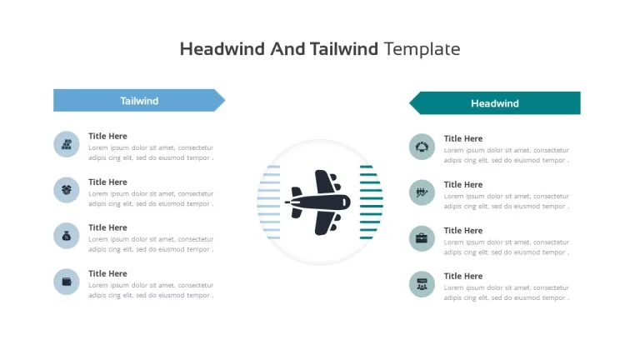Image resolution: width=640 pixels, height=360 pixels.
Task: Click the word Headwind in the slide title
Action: [222, 49]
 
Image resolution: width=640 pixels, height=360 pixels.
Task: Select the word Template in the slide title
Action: [422, 49]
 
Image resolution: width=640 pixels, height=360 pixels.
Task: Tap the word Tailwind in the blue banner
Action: [139, 101]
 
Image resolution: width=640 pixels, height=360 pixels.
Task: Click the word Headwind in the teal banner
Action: [495, 103]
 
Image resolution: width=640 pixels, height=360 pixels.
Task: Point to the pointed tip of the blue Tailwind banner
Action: [224, 100]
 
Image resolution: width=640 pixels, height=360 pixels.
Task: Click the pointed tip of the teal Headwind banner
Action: [410, 102]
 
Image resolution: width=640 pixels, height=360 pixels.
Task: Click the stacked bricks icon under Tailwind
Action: [67, 144]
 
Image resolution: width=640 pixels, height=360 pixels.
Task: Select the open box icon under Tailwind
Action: [67, 190]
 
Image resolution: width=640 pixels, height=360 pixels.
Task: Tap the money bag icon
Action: [67, 236]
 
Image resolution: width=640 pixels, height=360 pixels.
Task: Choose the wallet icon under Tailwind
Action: [67, 282]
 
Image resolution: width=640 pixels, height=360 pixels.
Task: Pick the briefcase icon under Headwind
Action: [422, 238]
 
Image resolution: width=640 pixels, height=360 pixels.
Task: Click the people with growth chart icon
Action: [422, 192]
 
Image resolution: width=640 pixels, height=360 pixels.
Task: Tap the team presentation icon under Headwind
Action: [422, 284]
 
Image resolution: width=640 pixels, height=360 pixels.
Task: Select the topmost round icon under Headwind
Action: [422, 147]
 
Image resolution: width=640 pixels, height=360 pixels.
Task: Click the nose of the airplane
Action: [348, 202]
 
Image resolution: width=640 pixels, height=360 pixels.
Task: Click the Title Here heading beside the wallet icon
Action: [107, 273]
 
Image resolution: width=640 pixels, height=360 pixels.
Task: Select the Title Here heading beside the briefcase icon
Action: [463, 231]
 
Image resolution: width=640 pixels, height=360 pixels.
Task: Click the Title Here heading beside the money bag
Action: [107, 227]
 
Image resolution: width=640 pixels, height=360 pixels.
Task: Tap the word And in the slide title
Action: [287, 49]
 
